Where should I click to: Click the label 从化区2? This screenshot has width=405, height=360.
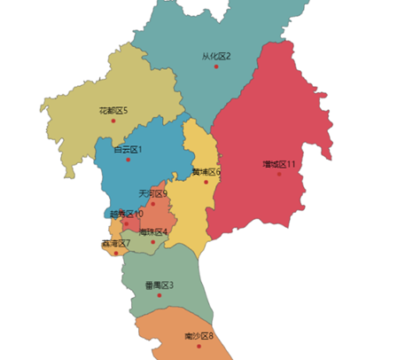[215, 56]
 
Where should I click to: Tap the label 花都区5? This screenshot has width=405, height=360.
[113, 110]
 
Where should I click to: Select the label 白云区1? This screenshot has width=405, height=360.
[128, 149]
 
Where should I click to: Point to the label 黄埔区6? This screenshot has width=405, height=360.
[206, 171]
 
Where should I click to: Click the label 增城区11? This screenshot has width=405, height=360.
[278, 164]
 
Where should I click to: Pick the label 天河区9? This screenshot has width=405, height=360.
[152, 192]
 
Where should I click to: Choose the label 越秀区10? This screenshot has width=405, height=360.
[126, 214]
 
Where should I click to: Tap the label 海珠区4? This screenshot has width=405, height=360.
[152, 231]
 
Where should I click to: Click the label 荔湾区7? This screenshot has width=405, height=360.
[115, 243]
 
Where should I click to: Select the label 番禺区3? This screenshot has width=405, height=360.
[160, 285]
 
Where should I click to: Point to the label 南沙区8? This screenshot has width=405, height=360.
[199, 336]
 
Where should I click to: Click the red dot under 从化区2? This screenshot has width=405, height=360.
[215, 67]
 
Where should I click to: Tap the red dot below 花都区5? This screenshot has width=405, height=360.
[113, 121]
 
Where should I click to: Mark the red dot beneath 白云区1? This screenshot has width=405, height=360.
[128, 160]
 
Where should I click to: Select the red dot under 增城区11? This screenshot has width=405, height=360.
[278, 174]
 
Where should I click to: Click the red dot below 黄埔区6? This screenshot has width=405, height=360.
[206, 182]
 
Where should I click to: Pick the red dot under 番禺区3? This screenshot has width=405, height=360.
[160, 295]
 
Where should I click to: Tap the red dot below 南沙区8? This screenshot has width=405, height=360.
[199, 347]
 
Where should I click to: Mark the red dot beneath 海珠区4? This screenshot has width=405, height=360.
[152, 242]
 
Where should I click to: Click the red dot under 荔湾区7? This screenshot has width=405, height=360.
[115, 254]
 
